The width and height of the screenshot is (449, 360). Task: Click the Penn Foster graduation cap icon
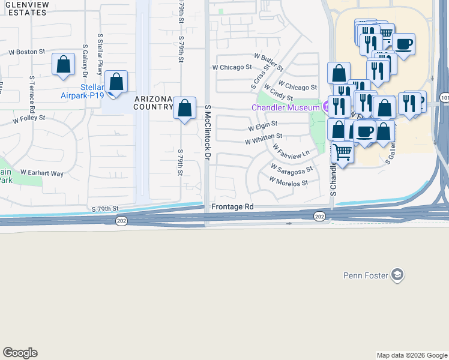(x=396, y=275)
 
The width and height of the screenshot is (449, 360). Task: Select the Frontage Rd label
(x=232, y=206)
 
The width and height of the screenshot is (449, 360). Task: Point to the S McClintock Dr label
(x=208, y=132)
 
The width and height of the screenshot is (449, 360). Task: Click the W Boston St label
(x=27, y=52)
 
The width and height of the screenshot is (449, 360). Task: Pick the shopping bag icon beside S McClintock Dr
(x=185, y=109)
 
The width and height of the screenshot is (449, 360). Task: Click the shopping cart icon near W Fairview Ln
(x=342, y=152)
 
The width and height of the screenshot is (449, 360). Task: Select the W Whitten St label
(x=263, y=141)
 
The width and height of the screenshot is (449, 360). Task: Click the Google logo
(x=20, y=353)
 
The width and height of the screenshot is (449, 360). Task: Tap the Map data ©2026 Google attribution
(x=412, y=355)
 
